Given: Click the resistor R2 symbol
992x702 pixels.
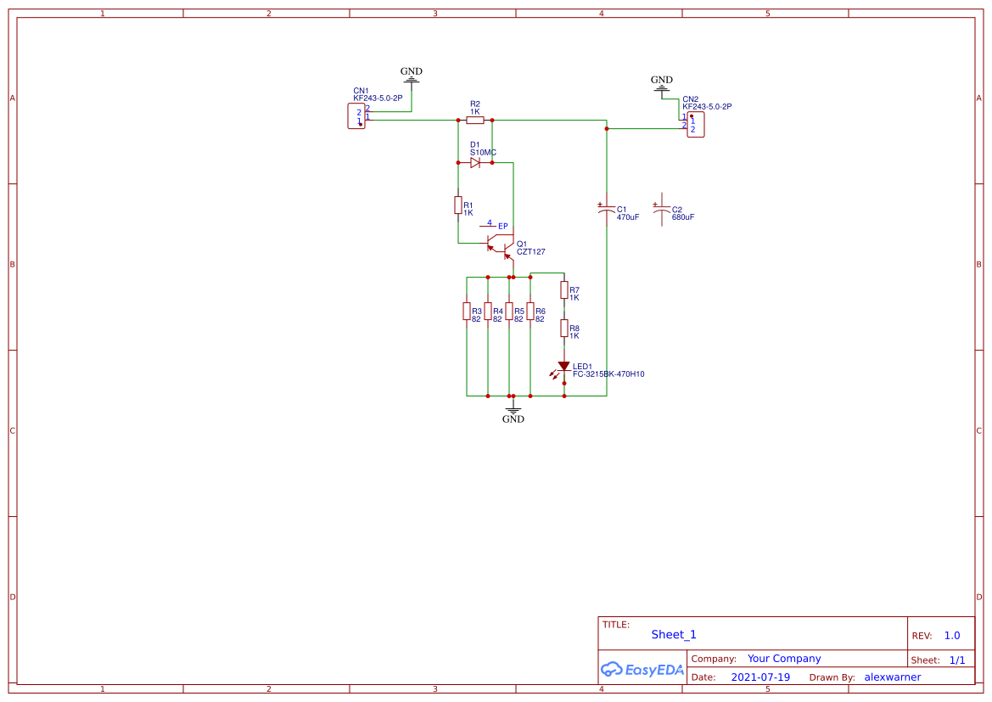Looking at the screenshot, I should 475,121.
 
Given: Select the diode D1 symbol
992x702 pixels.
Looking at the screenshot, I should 475,162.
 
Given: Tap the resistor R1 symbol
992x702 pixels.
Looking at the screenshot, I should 458,205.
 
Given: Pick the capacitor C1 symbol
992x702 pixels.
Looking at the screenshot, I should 606,209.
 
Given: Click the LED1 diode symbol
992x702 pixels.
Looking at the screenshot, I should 563,368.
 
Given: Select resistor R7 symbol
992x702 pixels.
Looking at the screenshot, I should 563,290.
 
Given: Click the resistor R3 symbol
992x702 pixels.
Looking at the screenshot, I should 467,312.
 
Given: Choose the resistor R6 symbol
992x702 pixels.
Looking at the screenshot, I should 530,312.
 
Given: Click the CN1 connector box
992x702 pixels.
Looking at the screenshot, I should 356,115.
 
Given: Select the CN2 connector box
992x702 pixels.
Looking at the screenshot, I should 695,124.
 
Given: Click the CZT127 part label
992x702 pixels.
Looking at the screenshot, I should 531,252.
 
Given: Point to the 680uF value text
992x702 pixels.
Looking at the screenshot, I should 682,217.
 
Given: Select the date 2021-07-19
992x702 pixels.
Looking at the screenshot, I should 760,677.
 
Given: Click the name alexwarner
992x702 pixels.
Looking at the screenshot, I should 892,677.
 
